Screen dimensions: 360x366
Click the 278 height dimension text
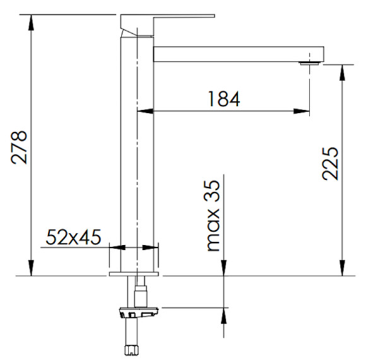(21, 147)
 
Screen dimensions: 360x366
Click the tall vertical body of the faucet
(137, 158)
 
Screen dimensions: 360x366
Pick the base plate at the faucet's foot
(135, 273)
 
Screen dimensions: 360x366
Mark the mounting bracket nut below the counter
(136, 311)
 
